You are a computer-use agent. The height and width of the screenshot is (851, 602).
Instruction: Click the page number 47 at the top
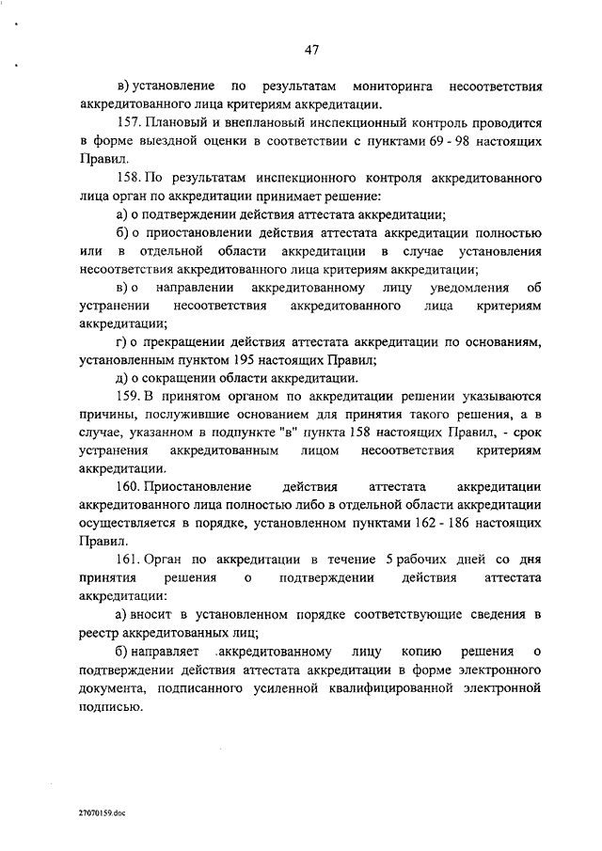tap(312, 50)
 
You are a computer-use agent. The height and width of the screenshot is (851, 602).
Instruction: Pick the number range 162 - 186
tap(448, 524)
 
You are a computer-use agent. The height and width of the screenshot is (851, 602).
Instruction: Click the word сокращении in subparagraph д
tap(170, 377)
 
